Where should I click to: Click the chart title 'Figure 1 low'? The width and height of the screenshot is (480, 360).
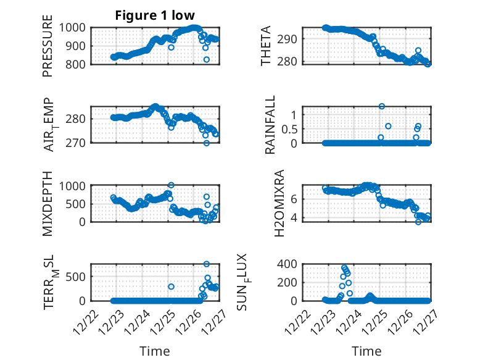tap(155, 15)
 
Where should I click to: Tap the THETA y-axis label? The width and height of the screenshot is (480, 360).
tap(266, 46)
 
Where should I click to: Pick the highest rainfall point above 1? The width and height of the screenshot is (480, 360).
tap(382, 107)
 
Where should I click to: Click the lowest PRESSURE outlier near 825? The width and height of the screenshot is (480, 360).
tap(207, 59)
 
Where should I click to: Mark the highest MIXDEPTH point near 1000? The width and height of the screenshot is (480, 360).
tap(171, 185)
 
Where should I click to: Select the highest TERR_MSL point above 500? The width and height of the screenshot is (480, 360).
tap(207, 264)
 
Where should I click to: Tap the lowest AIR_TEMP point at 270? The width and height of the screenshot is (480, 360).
tap(207, 143)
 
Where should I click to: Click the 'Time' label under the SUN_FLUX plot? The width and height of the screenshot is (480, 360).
tap(366, 351)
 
